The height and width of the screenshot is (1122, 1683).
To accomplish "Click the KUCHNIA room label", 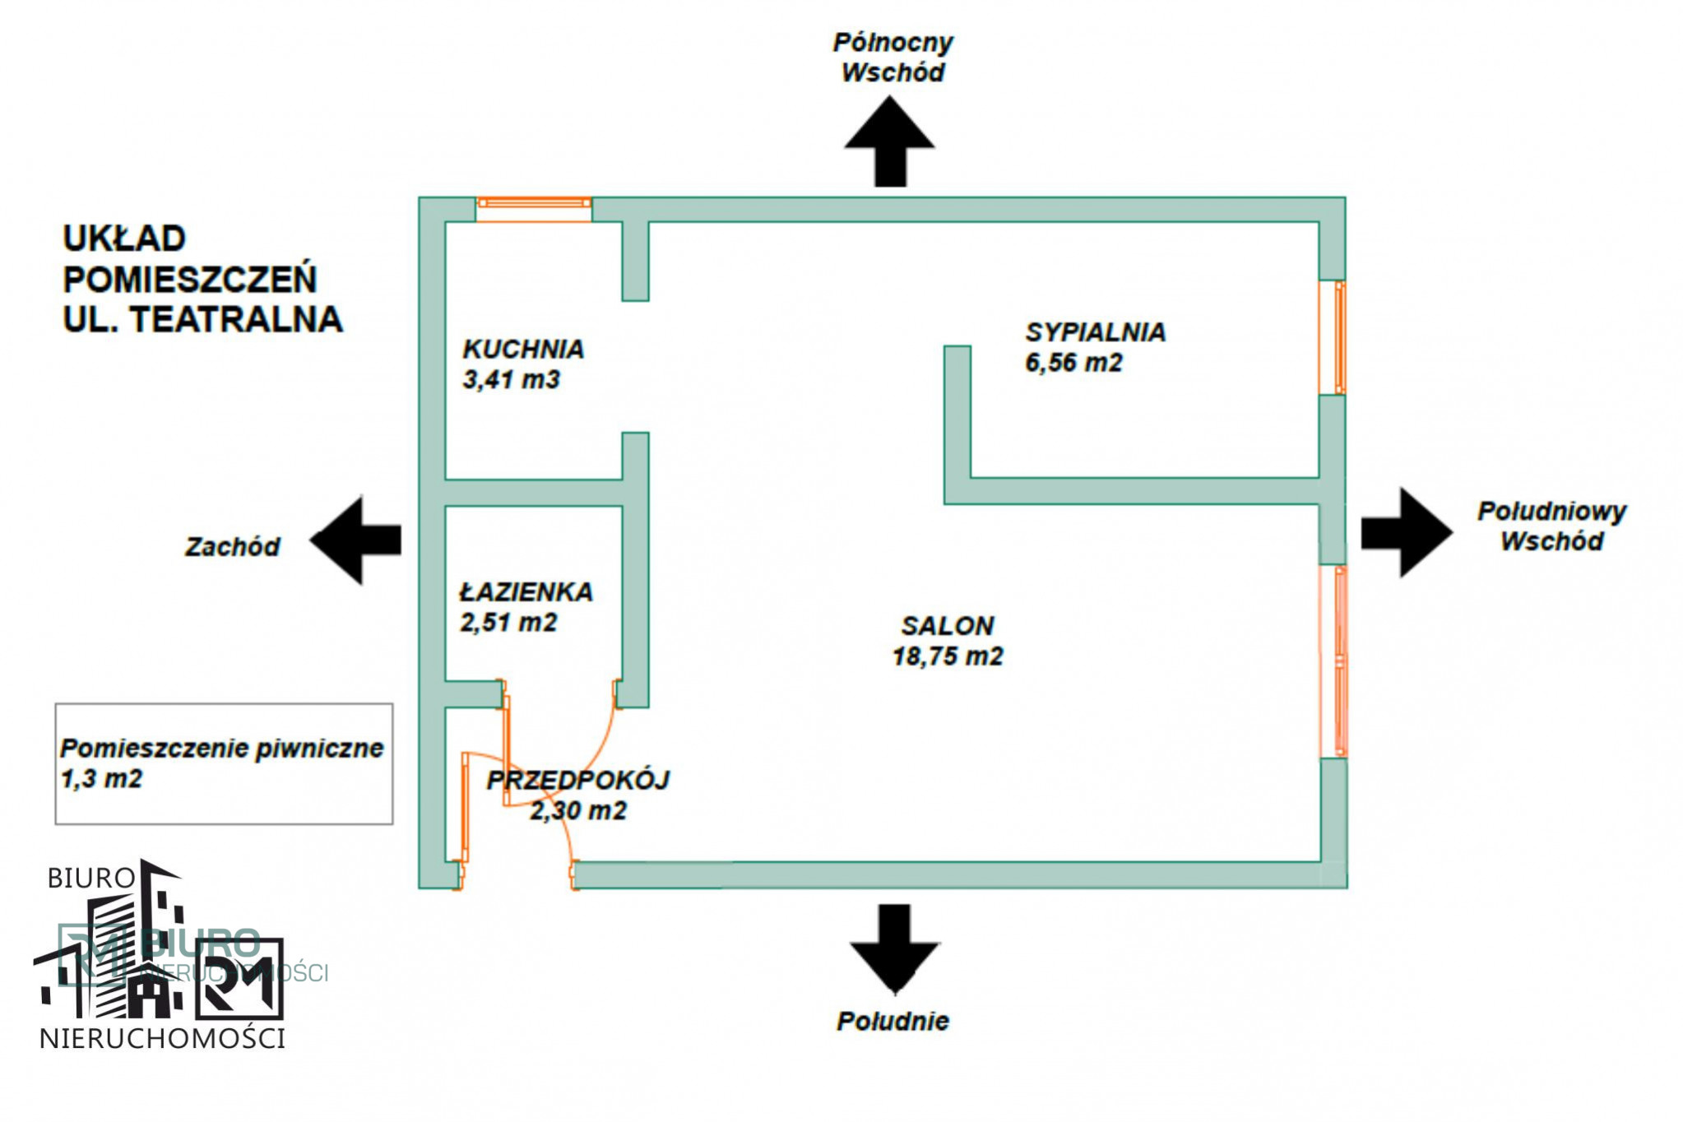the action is [x=523, y=349].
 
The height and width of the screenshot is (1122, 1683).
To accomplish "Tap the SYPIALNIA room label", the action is [x=1095, y=331].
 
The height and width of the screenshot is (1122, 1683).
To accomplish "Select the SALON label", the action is [x=948, y=626].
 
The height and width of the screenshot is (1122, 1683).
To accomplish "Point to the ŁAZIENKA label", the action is [x=526, y=591].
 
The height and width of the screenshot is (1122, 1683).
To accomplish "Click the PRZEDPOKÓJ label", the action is [x=578, y=780].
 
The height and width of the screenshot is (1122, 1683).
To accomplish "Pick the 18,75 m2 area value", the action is [x=948, y=656].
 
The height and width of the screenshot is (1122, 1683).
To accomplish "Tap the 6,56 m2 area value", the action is [x=1073, y=363].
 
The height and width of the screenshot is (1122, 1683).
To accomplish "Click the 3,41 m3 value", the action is [x=511, y=380].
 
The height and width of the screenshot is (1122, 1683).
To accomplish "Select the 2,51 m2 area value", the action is [x=508, y=623].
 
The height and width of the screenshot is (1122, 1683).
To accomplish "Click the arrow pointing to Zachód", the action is [x=355, y=540].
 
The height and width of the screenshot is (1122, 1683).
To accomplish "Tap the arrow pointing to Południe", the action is [x=894, y=948].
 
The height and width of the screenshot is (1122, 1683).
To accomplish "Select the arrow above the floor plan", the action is [x=889, y=141].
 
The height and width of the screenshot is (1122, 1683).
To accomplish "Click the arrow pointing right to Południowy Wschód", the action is [x=1407, y=532].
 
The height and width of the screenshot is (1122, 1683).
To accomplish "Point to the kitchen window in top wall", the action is [x=534, y=209].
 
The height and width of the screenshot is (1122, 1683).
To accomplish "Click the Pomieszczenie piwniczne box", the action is [x=224, y=763].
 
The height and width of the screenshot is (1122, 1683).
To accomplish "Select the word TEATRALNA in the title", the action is [x=237, y=319].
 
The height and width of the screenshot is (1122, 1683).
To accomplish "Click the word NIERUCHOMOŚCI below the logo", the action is [x=162, y=1038].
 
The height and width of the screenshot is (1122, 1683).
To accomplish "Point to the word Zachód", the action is [x=232, y=547].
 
